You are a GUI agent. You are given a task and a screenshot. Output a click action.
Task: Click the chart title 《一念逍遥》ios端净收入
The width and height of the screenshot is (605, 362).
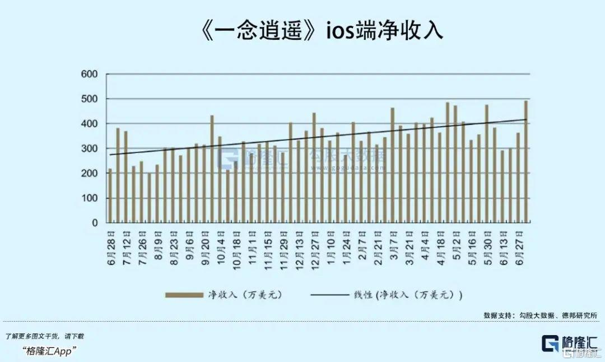tap(320, 31)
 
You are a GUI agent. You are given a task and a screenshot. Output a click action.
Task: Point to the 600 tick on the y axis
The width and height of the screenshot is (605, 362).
tap(90, 74)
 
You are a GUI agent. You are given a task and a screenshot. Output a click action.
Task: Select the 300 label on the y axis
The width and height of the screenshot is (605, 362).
tap(90, 148)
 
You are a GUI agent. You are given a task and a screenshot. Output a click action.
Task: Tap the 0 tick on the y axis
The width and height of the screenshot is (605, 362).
tap(94, 223)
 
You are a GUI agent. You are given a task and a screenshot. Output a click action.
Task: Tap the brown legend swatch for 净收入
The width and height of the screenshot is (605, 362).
tap(184, 295)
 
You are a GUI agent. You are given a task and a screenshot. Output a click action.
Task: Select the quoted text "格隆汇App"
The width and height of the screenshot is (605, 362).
tap(50, 350)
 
